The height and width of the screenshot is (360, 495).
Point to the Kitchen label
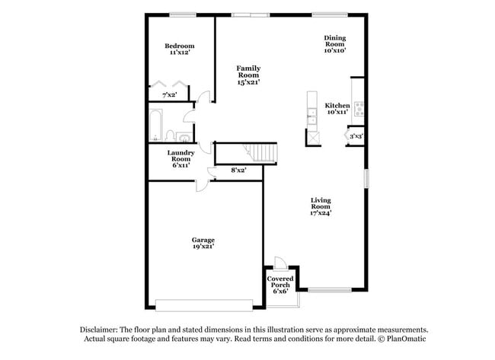(337, 109)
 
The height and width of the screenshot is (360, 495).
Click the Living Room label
(320, 207)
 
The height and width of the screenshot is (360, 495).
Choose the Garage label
(202, 243)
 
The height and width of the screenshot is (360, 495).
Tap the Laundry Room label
(180, 158)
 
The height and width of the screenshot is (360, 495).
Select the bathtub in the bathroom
(155, 126)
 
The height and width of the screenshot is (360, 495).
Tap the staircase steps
(263, 152)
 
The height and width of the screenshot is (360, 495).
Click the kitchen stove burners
(357, 108)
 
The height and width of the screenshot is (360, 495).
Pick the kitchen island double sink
(311, 118)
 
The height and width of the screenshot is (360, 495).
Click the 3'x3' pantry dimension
(356, 136)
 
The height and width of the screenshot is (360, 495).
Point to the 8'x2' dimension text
(238, 170)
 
